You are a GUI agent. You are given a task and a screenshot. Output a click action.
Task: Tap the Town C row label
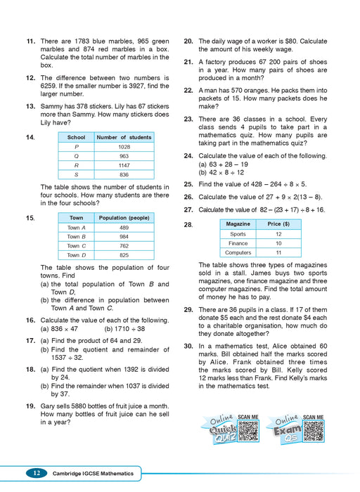pos(76,246)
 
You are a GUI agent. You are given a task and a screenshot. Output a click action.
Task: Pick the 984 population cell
pos(124,237)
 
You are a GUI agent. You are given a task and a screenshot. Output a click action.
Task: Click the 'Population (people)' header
pos(124,219)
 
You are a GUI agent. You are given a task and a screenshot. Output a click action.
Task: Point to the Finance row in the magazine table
pos(238,243)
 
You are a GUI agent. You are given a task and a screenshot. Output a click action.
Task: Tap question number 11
pos(31,42)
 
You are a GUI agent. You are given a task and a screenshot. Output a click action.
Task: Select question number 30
pos(188,347)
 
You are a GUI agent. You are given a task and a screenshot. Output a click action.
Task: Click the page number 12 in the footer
pos(34,474)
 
